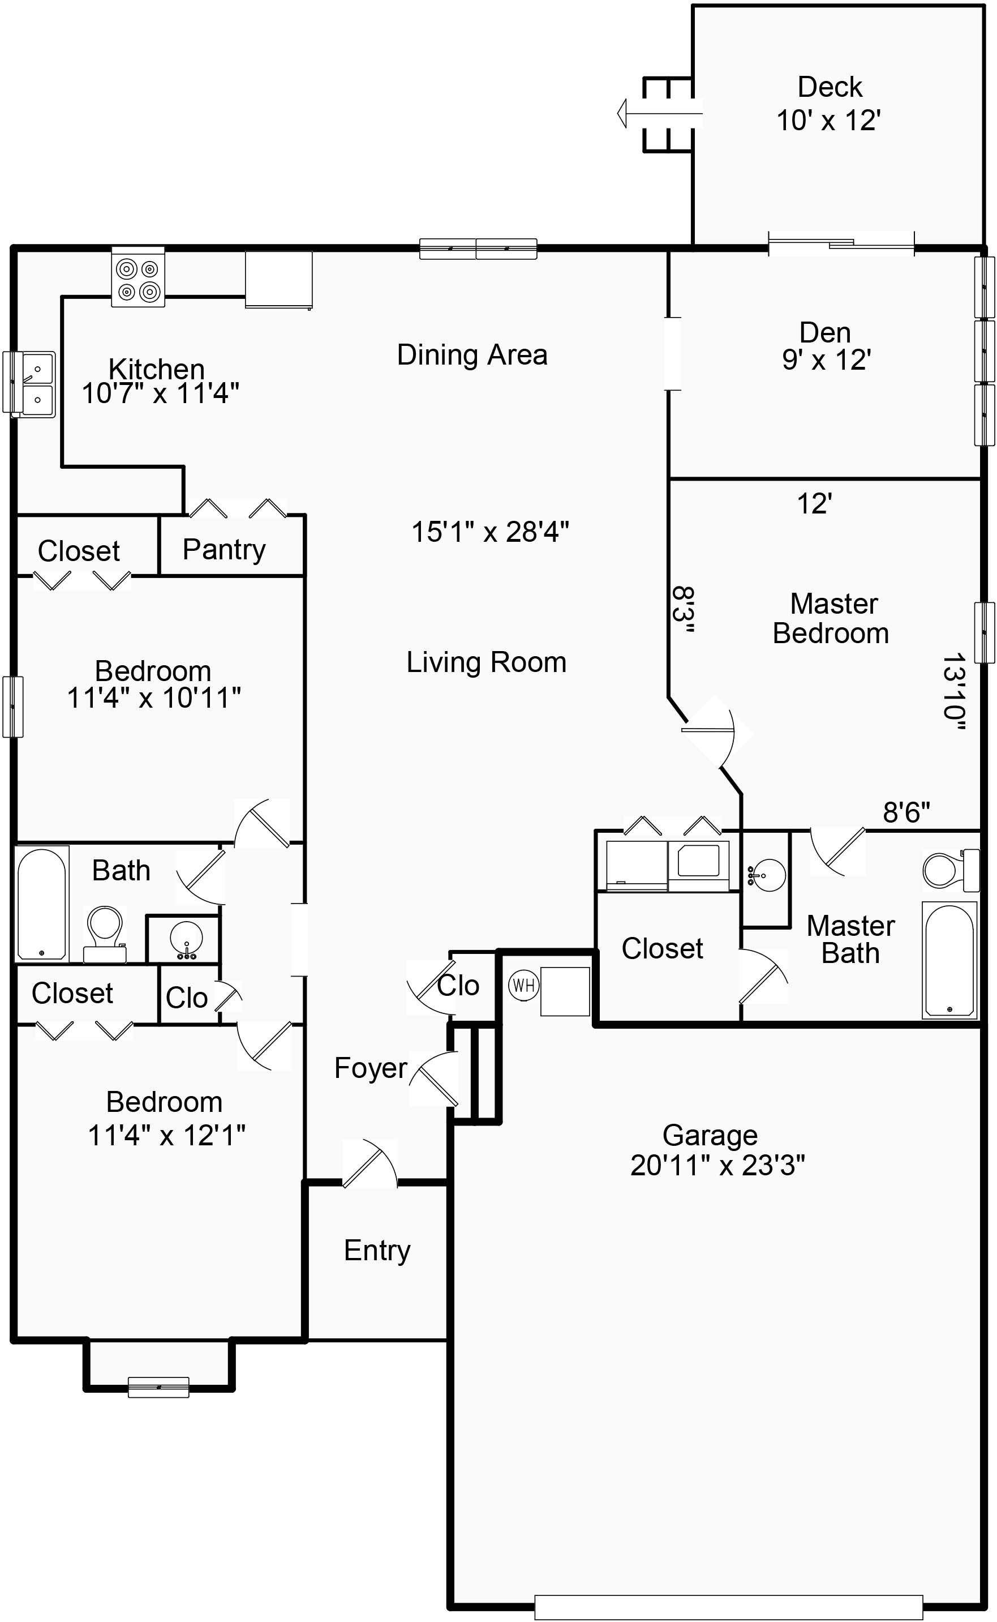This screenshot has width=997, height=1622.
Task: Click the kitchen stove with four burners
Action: (x=138, y=277)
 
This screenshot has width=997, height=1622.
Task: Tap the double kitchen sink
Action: (x=31, y=384)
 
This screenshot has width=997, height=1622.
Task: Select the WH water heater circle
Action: (x=523, y=986)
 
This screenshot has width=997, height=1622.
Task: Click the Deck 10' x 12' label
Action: (x=829, y=104)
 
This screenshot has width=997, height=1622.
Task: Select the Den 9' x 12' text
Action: (x=826, y=346)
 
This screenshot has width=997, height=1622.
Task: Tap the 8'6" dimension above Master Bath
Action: (x=906, y=812)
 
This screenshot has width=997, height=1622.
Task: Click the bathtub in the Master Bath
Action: (x=949, y=959)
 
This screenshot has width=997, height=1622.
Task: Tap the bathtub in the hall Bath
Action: (x=41, y=902)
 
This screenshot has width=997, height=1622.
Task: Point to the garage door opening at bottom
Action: (x=728, y=1606)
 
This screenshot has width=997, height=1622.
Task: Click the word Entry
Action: (x=377, y=1250)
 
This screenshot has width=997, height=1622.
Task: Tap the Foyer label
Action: (x=370, y=1068)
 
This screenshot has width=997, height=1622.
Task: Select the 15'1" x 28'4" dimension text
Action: (x=490, y=532)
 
